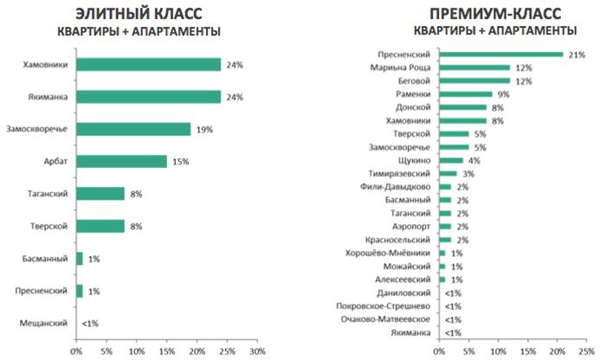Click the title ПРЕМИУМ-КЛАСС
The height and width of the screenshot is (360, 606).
[x=495, y=15]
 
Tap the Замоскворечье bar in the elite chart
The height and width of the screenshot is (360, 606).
[x=133, y=129]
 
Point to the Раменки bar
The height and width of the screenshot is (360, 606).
[x=466, y=93]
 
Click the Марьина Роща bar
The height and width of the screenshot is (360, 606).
[x=474, y=67]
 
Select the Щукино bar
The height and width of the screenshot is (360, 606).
[x=451, y=160]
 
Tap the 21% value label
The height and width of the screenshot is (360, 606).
[x=576, y=54]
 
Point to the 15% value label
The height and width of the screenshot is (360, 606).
[x=177, y=161]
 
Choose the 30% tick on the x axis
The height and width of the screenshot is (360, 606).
[x=257, y=352]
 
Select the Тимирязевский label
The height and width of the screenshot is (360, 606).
[x=401, y=173]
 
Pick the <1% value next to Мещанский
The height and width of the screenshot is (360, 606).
[x=90, y=323]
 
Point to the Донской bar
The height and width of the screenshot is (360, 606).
[x=463, y=107]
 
